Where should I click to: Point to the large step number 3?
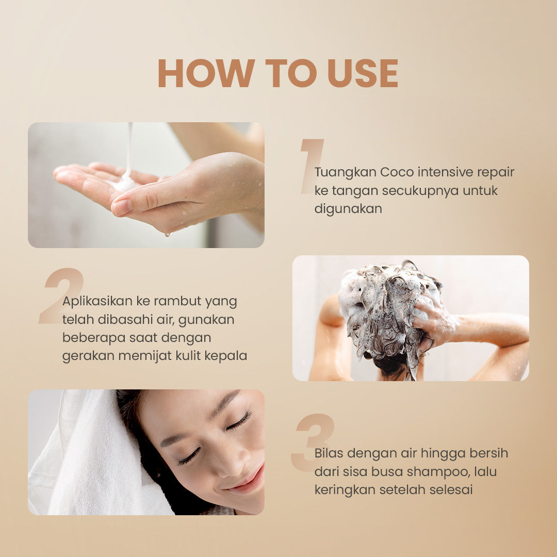tap(313, 443)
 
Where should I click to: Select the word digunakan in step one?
tap(348, 209)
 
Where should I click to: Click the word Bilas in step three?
tap(329, 453)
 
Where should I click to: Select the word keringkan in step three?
tap(345, 490)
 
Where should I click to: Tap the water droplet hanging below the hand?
tap(166, 234)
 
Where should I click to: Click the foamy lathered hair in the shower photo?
tap(387, 304)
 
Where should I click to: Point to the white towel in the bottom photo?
tap(88, 454)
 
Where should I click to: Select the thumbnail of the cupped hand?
tap(146, 185)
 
